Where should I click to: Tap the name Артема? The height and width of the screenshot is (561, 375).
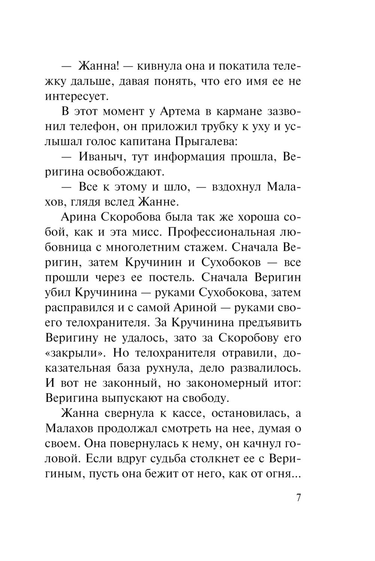(179, 112)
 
